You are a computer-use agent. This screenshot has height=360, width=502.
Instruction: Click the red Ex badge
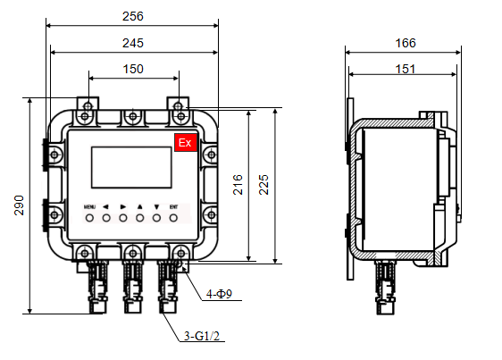pos(185,143)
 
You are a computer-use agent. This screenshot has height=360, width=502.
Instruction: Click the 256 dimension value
pos(132,17)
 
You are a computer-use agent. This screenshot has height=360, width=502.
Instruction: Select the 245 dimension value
pos(132,43)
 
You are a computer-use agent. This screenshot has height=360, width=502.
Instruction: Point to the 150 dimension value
pos(132,69)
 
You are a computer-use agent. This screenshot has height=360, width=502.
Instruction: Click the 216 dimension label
pos(238,185)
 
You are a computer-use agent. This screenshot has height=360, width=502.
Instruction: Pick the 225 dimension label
pos(264,185)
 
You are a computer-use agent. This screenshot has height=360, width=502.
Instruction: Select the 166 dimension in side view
pos(405,43)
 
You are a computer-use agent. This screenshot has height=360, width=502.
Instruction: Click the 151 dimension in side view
pos(405,69)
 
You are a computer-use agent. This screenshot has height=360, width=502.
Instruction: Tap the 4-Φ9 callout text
pos(220,293)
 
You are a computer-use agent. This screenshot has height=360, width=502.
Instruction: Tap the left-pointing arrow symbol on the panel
pos(105,205)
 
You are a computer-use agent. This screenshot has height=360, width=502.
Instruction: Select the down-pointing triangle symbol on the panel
pos(156,205)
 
